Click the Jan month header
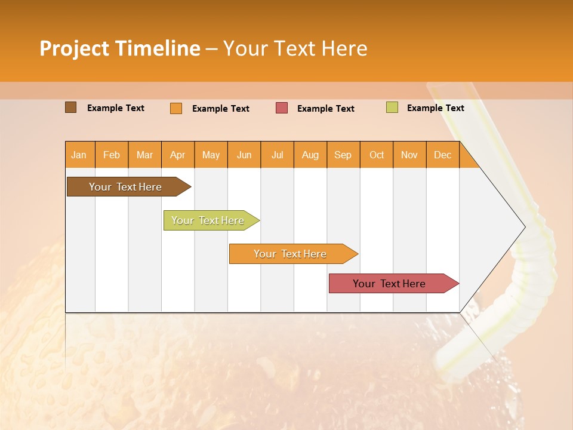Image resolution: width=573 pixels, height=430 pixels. pyautogui.click(x=79, y=155)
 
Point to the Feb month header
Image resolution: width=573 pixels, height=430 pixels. pyautogui.click(x=112, y=155)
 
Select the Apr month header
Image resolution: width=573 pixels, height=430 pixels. pyautogui.click(x=178, y=155)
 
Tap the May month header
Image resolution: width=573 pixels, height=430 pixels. pyautogui.click(x=211, y=155)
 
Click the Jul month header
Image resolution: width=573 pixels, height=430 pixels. pyautogui.click(x=277, y=155)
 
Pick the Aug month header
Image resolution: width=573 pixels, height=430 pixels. pyautogui.click(x=310, y=155)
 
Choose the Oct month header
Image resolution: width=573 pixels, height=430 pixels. pyautogui.click(x=377, y=155)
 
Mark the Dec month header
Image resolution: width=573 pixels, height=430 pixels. pyautogui.click(x=443, y=155)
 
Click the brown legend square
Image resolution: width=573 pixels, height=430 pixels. pyautogui.click(x=71, y=107)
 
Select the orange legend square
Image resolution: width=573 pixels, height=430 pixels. pyautogui.click(x=176, y=108)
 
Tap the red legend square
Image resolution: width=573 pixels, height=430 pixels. pyautogui.click(x=282, y=108)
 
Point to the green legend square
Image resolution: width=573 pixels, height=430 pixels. pyautogui.click(x=392, y=107)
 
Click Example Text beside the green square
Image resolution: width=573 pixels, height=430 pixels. pyautogui.click(x=435, y=108)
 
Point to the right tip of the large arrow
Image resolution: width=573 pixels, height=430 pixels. pyautogui.click(x=524, y=227)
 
